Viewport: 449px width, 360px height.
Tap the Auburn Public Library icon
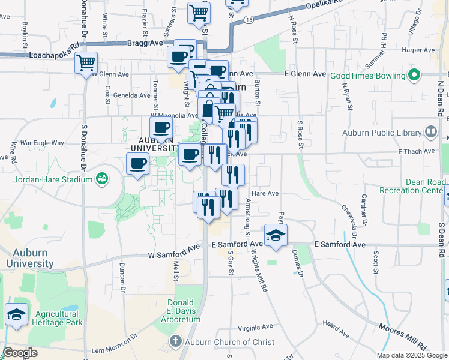coord(430,131)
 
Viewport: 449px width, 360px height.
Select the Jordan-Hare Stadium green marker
coord(101,178)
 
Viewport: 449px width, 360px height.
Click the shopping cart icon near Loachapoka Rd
coord(86,62)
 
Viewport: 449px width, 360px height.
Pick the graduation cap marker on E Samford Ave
coord(276,235)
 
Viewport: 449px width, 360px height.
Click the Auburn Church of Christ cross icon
coord(175,341)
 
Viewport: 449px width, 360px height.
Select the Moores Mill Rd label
coord(402,337)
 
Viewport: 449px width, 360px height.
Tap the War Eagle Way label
coord(42,143)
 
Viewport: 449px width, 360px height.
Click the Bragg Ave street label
coord(145,43)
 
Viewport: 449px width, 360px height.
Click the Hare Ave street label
coord(265,193)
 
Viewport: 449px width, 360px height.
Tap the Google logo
coord(21,352)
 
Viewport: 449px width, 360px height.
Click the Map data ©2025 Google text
coord(411,355)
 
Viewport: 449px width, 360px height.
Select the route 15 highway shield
coord(249,20)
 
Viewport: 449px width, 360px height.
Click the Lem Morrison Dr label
coord(113,349)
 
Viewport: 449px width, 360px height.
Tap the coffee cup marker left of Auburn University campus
coord(137,164)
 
